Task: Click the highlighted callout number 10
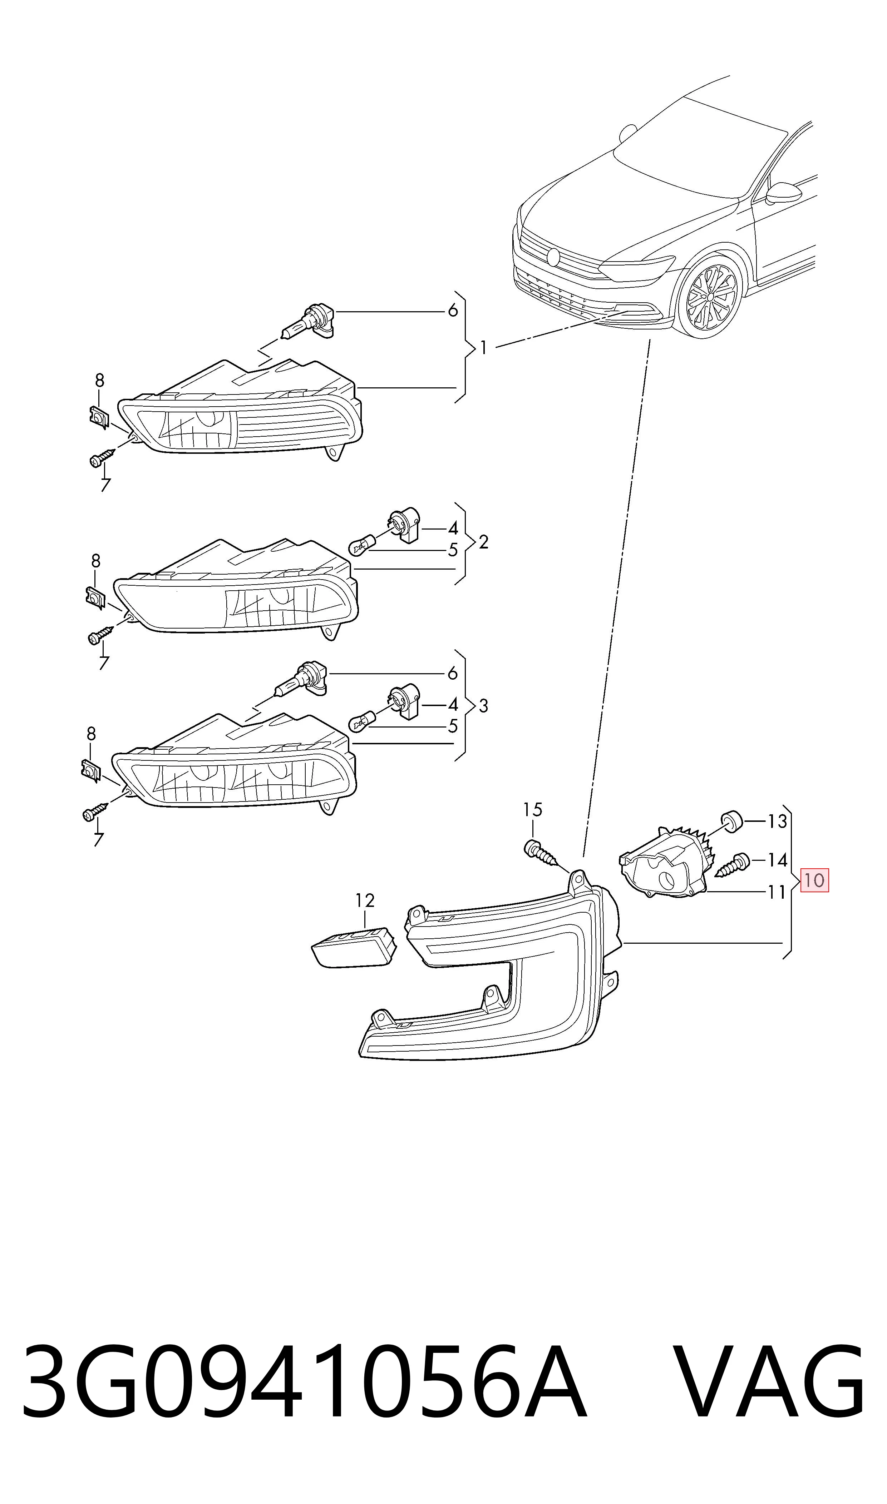(x=814, y=880)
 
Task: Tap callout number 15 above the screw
(x=533, y=810)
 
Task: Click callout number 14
(x=777, y=860)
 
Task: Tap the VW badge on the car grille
(x=553, y=257)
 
